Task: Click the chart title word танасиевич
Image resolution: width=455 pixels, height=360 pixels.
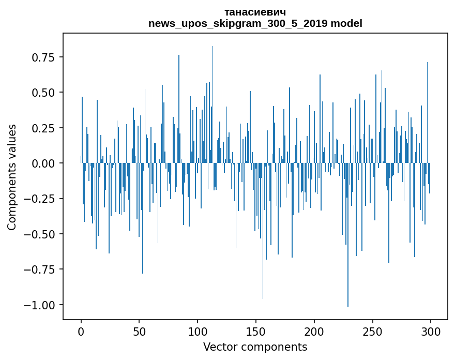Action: (255, 12)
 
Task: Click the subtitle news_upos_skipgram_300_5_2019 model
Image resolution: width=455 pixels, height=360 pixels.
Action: (255, 23)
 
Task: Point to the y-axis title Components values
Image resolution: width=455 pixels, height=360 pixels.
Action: (12, 177)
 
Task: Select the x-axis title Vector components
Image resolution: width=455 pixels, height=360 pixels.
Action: (255, 347)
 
